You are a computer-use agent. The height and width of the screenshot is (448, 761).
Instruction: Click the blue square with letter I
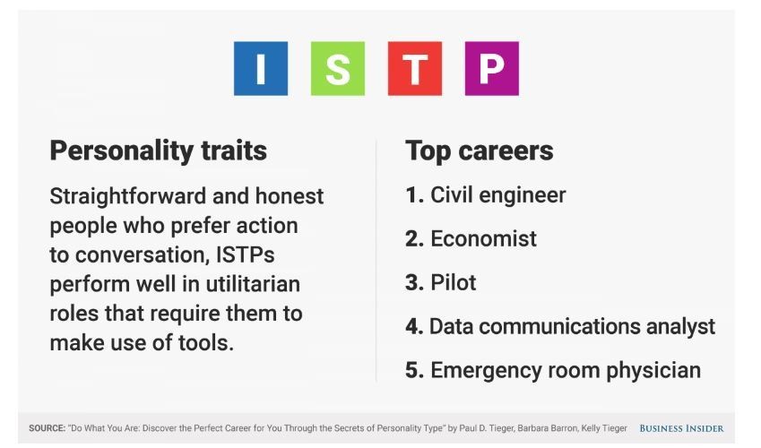tap(261, 68)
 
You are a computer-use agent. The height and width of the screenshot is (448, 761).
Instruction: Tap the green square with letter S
tap(338, 68)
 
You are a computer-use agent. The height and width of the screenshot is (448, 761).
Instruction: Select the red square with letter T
tap(415, 68)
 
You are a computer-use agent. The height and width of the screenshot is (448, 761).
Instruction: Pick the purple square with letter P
tap(491, 68)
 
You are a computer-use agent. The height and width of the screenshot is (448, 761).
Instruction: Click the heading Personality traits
tap(159, 151)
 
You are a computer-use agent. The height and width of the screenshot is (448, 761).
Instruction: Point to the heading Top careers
tap(479, 151)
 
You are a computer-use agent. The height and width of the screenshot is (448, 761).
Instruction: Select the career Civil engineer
tap(498, 195)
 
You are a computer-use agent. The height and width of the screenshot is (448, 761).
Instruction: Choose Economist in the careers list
tap(483, 239)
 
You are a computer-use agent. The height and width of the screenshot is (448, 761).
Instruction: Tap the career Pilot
tap(454, 282)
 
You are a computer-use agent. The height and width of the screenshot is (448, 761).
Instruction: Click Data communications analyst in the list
tap(573, 327)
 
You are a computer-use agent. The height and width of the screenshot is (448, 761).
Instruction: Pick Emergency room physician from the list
tap(566, 371)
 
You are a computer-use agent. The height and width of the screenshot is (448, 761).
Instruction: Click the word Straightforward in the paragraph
tap(128, 197)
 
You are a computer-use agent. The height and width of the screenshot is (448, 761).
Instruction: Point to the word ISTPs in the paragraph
tap(245, 254)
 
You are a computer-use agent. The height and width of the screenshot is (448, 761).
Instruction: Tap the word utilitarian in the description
tap(253, 284)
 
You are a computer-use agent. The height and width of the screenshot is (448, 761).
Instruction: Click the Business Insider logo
tap(681, 428)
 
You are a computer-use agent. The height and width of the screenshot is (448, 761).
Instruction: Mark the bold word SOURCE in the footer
tap(47, 428)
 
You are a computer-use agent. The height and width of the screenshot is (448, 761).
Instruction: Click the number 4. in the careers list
tap(415, 327)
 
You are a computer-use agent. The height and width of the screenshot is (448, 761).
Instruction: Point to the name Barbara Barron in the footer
tap(547, 428)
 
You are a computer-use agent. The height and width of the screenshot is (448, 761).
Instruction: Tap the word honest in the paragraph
tap(290, 196)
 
